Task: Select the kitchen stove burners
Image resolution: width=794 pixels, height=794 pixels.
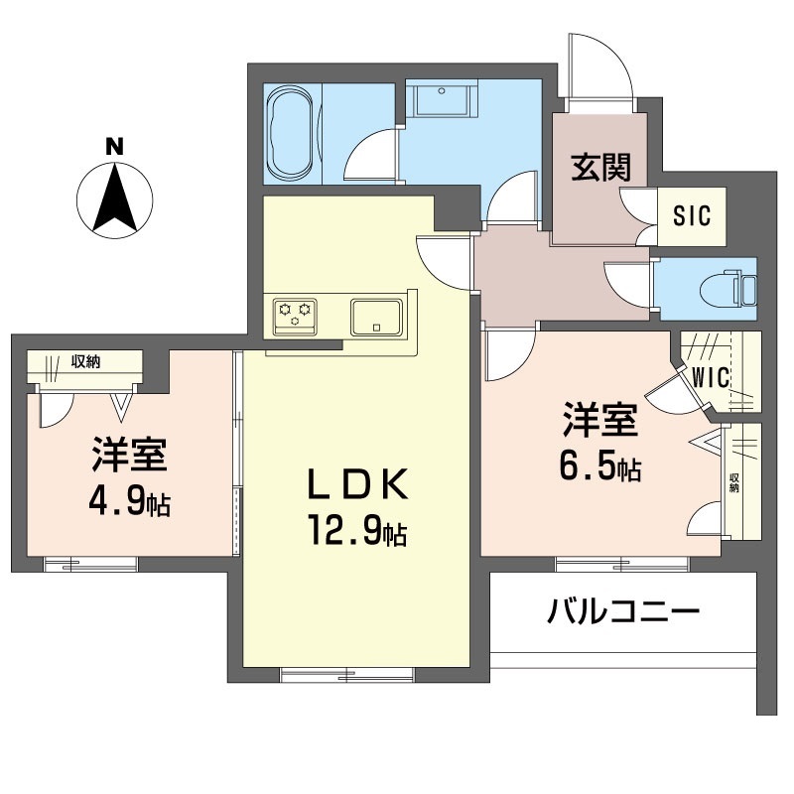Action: click(297, 315)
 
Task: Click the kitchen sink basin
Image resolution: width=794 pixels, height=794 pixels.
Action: click(376, 316)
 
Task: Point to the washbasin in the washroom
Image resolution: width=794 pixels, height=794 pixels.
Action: click(443, 103)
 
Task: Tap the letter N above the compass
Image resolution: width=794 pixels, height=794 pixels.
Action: click(115, 146)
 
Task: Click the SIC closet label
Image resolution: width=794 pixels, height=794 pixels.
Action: click(692, 215)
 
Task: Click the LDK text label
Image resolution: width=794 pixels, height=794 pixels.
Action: click(355, 486)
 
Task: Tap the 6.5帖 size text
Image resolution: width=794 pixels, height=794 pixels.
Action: click(599, 464)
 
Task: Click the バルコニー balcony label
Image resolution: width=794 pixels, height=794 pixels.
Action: click(624, 610)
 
